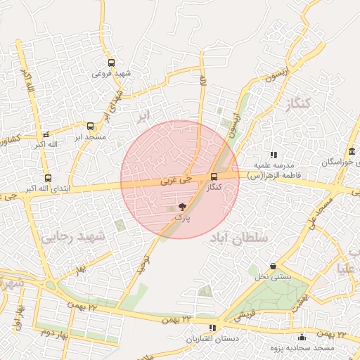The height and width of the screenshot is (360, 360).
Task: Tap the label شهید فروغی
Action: [x=112, y=73]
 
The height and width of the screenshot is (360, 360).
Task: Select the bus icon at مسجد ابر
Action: [x=89, y=125]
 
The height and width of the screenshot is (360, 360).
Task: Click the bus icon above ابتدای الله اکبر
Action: [x=48, y=178]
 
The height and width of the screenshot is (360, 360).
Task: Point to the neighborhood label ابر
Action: [x=143, y=113]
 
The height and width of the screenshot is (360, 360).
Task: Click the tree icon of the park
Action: [x=182, y=207]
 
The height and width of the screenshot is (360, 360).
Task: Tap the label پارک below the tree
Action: [x=182, y=219]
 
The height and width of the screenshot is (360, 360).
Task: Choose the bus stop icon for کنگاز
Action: [x=214, y=176]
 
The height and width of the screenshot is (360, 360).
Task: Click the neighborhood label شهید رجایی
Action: [x=72, y=237]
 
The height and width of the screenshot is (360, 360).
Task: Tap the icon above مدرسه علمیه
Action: [x=274, y=155]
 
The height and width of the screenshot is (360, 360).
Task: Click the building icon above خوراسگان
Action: [x=352, y=152]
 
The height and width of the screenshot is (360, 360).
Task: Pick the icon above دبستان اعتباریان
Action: [x=212, y=328]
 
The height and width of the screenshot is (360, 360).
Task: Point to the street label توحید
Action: [x=144, y=264]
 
